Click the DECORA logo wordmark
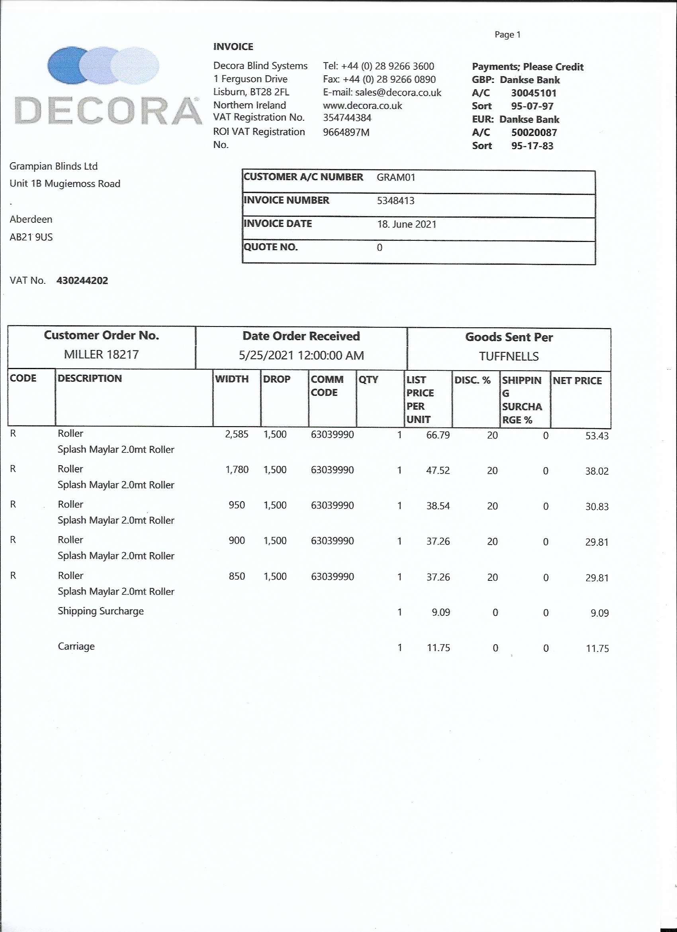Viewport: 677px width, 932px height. click(x=108, y=110)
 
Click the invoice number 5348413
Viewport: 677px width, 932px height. click(x=395, y=201)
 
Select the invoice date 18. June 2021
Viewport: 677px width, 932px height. click(x=407, y=224)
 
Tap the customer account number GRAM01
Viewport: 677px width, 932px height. click(x=396, y=177)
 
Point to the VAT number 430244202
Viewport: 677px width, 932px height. click(x=82, y=281)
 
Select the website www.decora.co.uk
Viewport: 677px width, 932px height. click(x=362, y=106)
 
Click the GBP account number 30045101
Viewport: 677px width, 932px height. click(x=533, y=93)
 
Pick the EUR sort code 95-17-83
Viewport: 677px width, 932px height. click(x=532, y=146)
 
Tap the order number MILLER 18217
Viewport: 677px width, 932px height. click(x=102, y=354)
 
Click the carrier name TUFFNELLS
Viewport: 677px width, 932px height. click(x=509, y=356)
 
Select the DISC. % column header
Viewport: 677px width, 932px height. click(x=473, y=380)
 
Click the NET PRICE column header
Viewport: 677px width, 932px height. click(x=577, y=381)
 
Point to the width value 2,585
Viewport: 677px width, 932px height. click(x=237, y=435)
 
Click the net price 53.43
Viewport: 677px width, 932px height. click(x=597, y=436)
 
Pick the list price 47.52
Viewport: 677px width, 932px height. click(x=438, y=470)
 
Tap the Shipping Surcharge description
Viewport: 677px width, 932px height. click(x=101, y=611)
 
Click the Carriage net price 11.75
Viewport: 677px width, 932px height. click(x=597, y=649)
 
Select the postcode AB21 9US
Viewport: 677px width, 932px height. click(x=31, y=237)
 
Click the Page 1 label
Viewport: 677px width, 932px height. click(x=507, y=35)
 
